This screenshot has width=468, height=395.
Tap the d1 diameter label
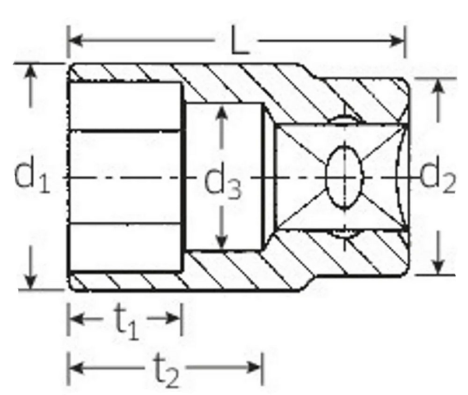tap(31, 177)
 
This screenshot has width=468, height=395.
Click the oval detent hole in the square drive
tap(344, 177)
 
